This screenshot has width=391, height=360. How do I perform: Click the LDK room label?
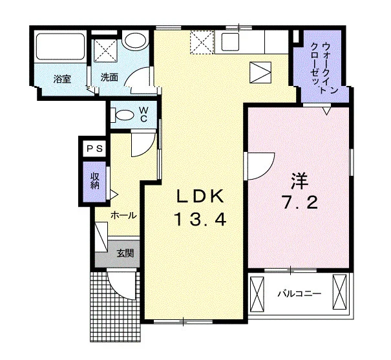200,196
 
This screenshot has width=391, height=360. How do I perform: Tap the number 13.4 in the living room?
201,218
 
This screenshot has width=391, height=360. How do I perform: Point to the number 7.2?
300,202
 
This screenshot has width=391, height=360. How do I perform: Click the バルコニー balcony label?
299,293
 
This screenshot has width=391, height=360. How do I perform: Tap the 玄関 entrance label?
125,253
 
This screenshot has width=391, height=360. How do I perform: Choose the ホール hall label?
123,215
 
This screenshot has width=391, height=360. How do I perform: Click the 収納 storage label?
94,181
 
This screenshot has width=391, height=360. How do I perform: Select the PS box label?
94,149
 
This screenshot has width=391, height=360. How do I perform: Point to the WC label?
143,114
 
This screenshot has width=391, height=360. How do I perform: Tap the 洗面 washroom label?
109,78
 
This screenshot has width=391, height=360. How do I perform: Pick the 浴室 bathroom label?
62,79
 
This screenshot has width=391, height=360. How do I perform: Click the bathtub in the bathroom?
60,47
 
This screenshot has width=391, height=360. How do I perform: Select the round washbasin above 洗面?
135,41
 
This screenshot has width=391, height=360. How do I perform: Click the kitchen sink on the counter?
231,41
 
